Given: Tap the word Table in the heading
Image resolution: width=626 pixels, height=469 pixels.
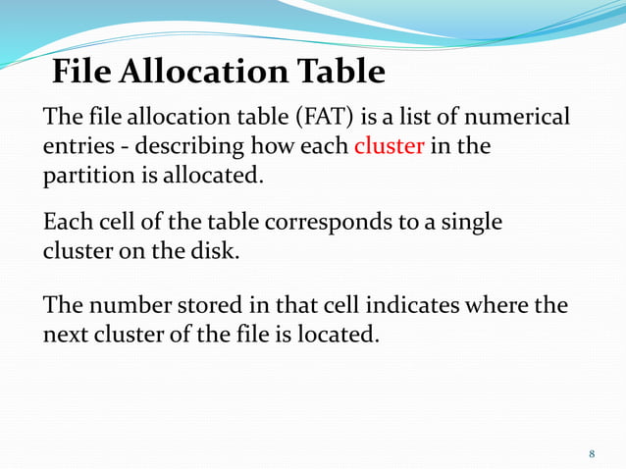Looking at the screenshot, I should (334, 72).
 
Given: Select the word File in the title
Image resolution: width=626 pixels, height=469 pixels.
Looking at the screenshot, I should (83, 72).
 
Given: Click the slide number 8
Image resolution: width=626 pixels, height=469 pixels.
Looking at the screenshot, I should (592, 454).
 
